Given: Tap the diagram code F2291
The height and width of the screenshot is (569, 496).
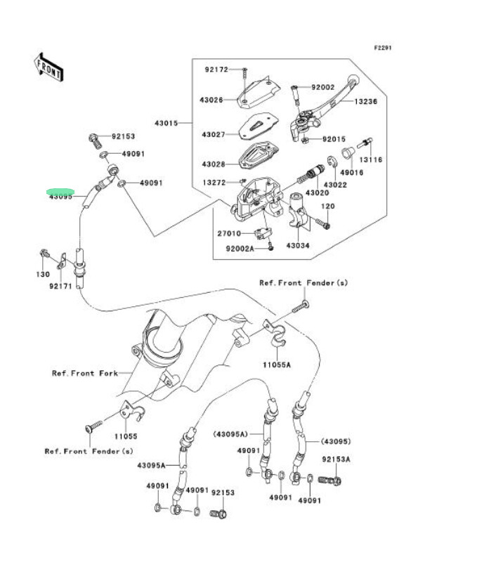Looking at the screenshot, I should pyautogui.click(x=382, y=48).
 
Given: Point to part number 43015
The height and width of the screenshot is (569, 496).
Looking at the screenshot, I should pyautogui.click(x=167, y=123).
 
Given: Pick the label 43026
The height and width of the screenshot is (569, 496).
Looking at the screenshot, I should pyautogui.click(x=213, y=100).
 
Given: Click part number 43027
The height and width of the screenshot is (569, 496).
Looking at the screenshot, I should pyautogui.click(x=213, y=134).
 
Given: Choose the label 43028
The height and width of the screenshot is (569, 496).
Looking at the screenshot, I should pyautogui.click(x=213, y=164).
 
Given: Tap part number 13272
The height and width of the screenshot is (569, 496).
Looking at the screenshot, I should pyautogui.click(x=214, y=183).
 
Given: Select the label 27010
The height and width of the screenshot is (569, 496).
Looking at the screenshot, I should pyautogui.click(x=229, y=233).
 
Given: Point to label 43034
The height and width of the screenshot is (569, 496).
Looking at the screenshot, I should pyautogui.click(x=298, y=246).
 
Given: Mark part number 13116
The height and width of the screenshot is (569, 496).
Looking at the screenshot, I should pyautogui.click(x=371, y=160).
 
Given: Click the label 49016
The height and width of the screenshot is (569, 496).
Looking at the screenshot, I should pyautogui.click(x=351, y=172).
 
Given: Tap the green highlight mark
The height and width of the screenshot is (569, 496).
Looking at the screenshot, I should pyautogui.click(x=60, y=192).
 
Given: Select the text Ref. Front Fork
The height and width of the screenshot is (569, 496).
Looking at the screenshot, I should pyautogui.click(x=85, y=374).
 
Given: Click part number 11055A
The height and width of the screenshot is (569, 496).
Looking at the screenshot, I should pyautogui.click(x=277, y=365).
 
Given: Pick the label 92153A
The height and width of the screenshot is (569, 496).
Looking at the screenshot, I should pyautogui.click(x=336, y=459).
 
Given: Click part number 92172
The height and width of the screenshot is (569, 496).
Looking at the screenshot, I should pyautogui.click(x=216, y=70).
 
